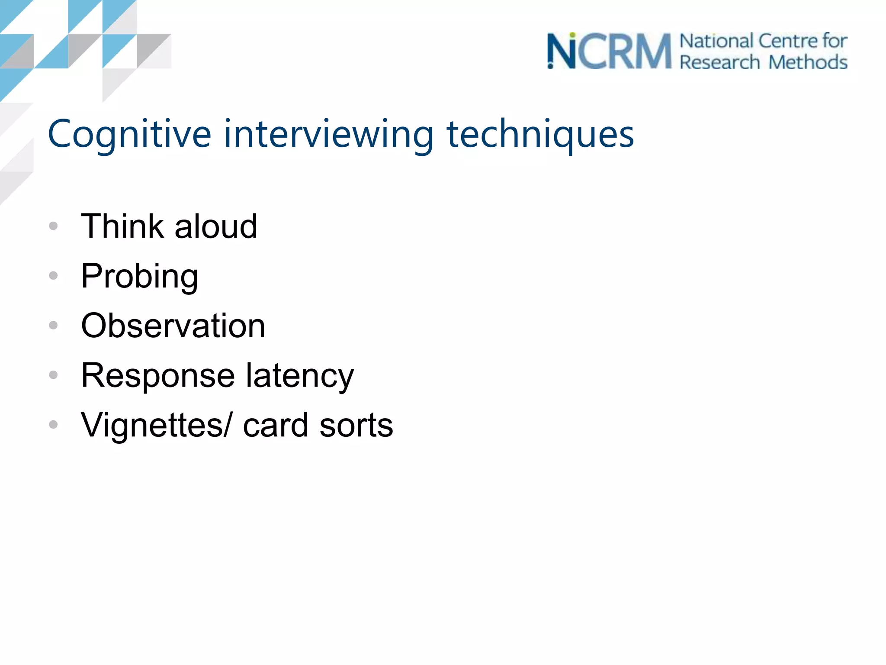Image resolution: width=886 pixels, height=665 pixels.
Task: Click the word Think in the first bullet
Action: coord(122,226)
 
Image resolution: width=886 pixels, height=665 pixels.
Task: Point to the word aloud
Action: coord(216,226)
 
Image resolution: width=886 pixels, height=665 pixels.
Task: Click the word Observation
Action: coord(173,326)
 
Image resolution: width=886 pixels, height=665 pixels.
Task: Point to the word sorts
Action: coord(356,425)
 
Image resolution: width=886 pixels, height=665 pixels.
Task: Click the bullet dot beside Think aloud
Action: coord(53,226)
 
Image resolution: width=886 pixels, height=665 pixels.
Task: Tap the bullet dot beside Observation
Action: coord(53,325)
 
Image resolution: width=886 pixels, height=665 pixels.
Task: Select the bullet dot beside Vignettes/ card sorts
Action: coord(53,424)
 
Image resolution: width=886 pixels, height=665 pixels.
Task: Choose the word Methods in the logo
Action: coord(808,62)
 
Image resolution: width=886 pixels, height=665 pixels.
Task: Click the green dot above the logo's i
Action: coord(572,35)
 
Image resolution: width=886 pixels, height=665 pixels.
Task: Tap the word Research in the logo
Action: coord(719,62)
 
